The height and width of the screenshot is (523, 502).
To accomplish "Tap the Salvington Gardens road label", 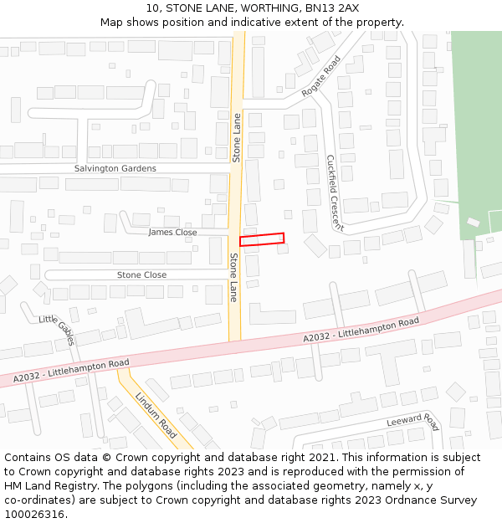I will (115, 168).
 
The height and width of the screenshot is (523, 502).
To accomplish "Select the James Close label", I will (172, 232).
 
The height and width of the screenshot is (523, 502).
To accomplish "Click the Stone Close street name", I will (141, 274).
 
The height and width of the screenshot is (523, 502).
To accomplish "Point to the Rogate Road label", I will (321, 76).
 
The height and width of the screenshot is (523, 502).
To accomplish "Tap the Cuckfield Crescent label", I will (335, 192).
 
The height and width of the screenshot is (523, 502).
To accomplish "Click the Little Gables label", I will (57, 331).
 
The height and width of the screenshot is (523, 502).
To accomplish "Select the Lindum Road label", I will (156, 415).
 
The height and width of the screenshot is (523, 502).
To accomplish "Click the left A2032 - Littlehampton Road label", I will (71, 372).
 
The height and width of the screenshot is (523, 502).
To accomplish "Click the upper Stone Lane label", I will (237, 137).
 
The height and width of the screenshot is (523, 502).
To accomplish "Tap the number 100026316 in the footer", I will (33, 514).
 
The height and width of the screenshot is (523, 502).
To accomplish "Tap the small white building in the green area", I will (474, 223).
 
